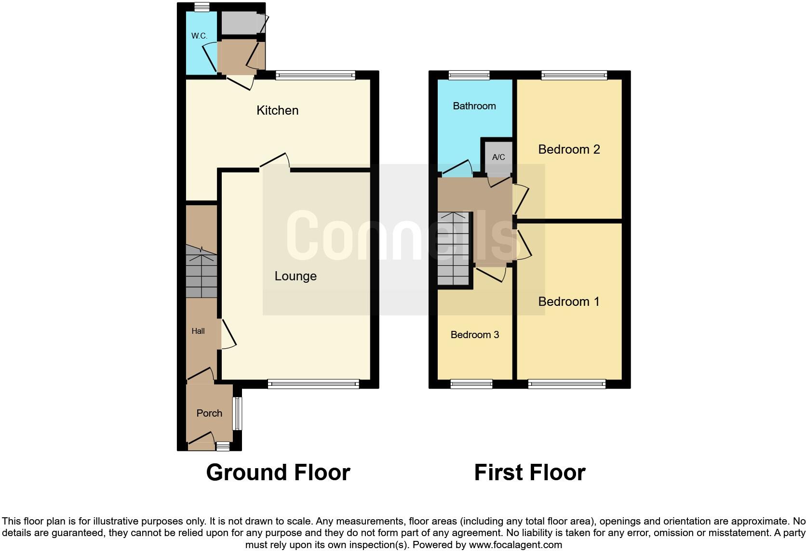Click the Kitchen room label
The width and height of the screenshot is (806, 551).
(x=277, y=110)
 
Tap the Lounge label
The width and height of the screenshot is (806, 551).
(x=296, y=276)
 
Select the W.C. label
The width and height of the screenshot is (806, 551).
(x=199, y=36)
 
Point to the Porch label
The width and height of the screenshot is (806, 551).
(x=209, y=413)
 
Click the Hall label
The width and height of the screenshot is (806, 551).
(x=198, y=331)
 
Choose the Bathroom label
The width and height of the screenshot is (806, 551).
(x=474, y=106)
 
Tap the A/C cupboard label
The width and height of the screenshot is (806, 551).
(x=498, y=157)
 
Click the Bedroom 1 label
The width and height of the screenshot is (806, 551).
(x=569, y=302)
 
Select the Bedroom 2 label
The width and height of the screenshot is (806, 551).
(x=569, y=149)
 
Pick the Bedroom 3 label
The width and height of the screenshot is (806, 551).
(x=474, y=335)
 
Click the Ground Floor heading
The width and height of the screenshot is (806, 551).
(x=278, y=472)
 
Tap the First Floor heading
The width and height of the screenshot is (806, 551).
(x=529, y=472)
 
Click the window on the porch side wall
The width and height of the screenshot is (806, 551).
(x=237, y=413)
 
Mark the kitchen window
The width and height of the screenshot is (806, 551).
(x=315, y=75)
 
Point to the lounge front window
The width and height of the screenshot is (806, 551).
(x=313, y=384)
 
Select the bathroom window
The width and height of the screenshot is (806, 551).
(x=469, y=75)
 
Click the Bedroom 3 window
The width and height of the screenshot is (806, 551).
(x=471, y=384)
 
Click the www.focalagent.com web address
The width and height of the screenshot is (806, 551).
(x=515, y=545)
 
